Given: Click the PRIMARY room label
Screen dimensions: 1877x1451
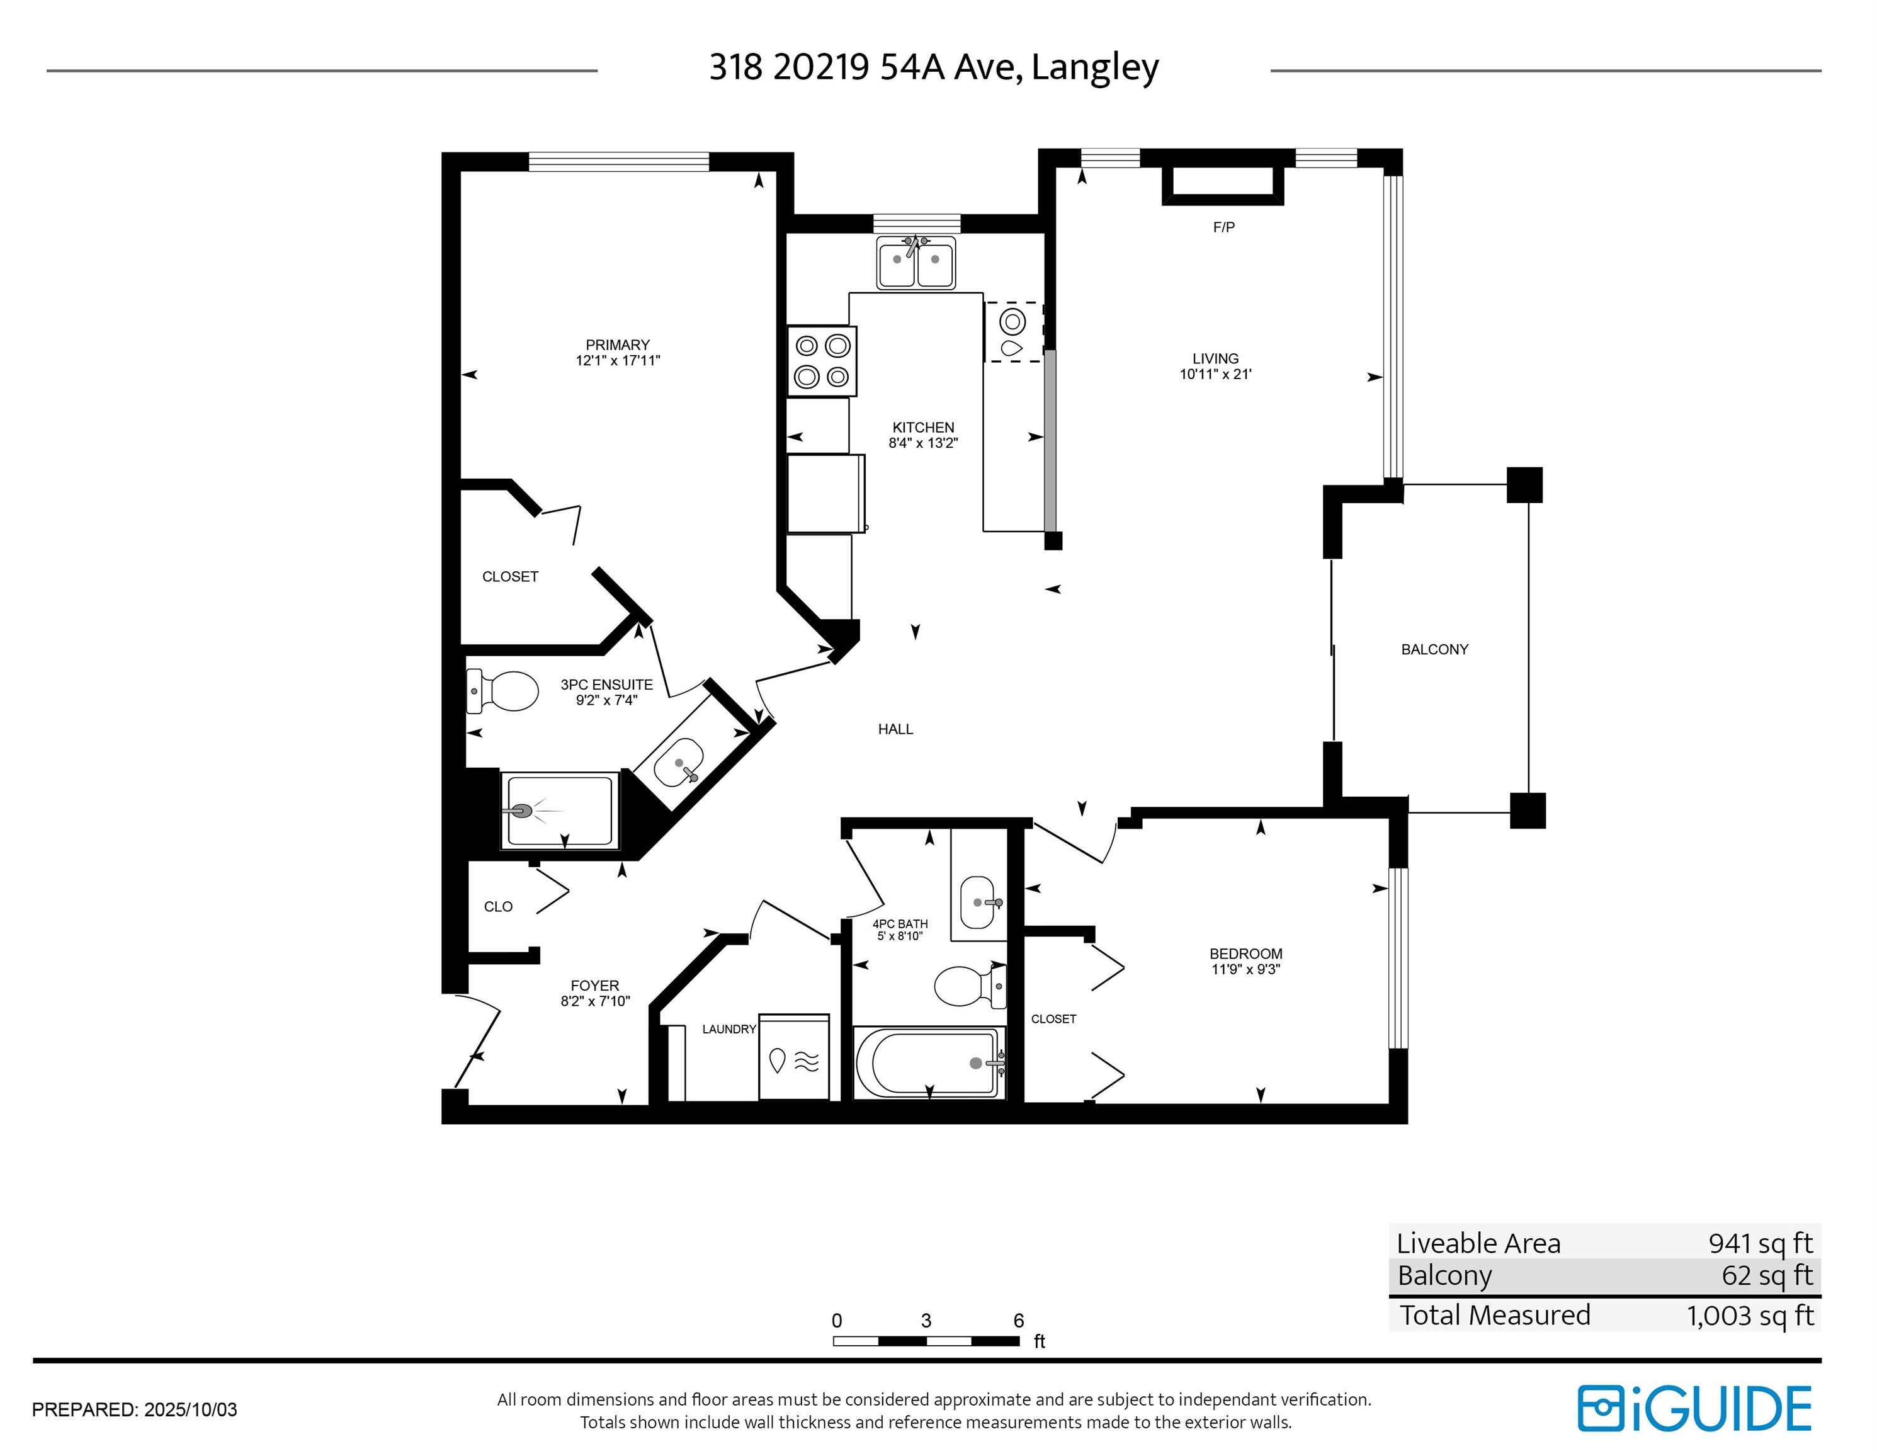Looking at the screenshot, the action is tap(617, 344).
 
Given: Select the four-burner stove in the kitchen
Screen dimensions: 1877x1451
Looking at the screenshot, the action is tap(822, 361).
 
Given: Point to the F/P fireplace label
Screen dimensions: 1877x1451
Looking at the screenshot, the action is tap(1224, 227).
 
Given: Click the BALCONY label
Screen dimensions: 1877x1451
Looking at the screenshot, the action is tap(1434, 649).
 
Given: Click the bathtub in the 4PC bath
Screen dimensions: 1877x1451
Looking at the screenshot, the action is tap(929, 1062).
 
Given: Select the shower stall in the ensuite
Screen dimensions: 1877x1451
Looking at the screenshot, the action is tap(560, 811).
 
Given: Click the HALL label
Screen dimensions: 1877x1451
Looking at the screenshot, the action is tap(895, 729).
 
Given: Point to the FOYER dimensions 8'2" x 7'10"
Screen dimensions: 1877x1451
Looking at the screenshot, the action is tap(595, 1001).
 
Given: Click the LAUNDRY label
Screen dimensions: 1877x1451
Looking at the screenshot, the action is tap(729, 1029).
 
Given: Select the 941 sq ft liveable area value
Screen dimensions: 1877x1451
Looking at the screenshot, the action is tap(1760, 1243).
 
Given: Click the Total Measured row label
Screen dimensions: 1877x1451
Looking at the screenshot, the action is tap(1495, 1315).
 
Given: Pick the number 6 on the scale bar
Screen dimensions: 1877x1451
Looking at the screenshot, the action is tap(1018, 1321).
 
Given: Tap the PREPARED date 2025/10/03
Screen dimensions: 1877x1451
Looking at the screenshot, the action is tap(190, 1409).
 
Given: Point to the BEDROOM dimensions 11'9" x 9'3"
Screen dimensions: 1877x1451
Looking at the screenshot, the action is tap(1245, 969).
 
